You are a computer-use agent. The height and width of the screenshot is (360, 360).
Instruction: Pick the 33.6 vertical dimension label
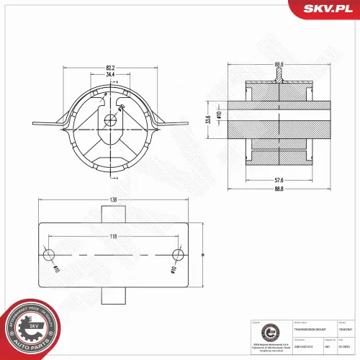point(208,119)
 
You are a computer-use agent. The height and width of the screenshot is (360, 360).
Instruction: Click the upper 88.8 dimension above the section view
point(279,65)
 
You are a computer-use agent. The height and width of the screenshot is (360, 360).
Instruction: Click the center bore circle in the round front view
point(109,120)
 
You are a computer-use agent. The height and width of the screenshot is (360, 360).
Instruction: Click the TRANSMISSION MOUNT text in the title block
point(308,328)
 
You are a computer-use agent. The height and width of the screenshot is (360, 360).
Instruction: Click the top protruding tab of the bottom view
point(114,214)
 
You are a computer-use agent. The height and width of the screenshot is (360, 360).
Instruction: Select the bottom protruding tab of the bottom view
point(114,295)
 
